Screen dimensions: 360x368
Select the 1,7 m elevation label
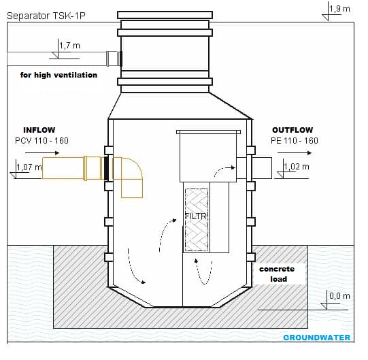(x=69, y=46)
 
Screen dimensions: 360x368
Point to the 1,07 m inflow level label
(x=29, y=166)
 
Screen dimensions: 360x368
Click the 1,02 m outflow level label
(x=295, y=166)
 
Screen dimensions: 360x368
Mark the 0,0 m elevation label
(x=339, y=295)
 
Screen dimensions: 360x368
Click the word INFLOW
(x=39, y=129)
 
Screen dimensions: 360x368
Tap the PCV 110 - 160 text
(x=41, y=141)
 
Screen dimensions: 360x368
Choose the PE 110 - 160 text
(x=294, y=141)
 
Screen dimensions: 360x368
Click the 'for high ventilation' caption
(x=58, y=75)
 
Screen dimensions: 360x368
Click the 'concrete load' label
(x=277, y=274)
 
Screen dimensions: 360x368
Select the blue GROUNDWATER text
(x=316, y=338)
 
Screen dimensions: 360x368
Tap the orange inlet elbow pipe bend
(x=131, y=174)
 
